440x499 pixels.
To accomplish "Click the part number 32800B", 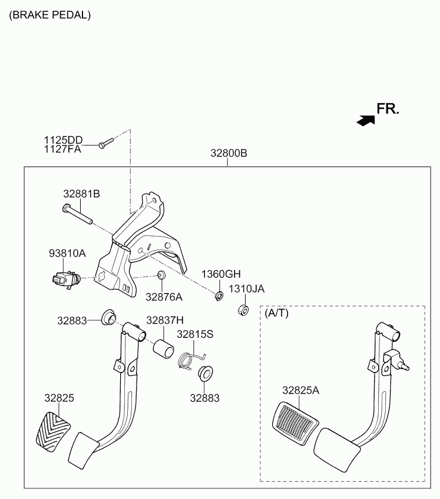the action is (229, 153).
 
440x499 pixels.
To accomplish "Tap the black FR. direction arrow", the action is (366, 120).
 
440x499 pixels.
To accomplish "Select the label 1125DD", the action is (63, 140).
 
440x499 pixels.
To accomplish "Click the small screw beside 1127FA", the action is (106, 143).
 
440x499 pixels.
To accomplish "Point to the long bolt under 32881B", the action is (77, 214).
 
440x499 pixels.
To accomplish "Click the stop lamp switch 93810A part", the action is (66, 279).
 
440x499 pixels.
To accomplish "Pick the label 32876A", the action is (164, 297).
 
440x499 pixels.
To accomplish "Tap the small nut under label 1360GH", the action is (219, 296).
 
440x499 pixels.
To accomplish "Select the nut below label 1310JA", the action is (243, 310).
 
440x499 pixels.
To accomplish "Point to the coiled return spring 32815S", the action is (190, 361).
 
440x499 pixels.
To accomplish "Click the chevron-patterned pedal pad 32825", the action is (53, 432).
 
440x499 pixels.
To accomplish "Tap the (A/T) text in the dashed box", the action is (277, 313).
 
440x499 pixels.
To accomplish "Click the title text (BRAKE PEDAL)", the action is (50, 15).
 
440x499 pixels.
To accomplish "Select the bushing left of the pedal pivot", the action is (108, 317).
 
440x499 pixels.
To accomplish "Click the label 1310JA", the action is (247, 289).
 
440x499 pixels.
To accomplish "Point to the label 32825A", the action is (300, 390).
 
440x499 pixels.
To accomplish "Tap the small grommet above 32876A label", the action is (161, 275).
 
